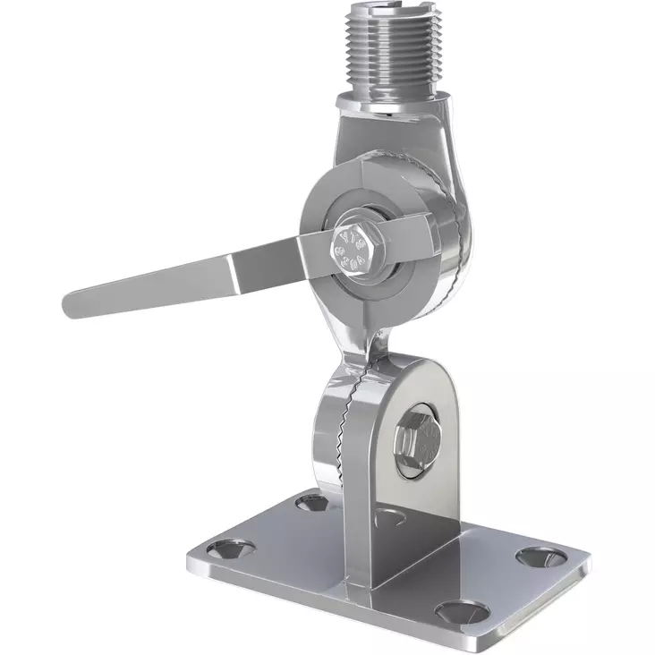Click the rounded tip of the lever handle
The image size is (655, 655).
(73, 304)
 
